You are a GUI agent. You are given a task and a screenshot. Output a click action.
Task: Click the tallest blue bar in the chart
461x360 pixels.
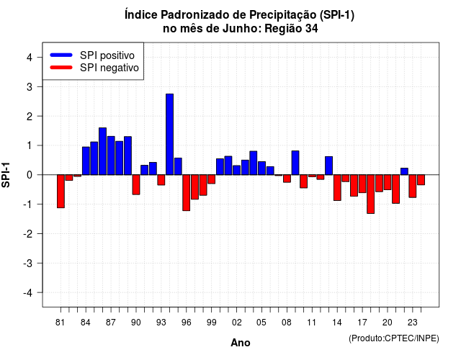[170, 135]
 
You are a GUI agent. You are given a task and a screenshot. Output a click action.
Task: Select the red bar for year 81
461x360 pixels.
[61, 192]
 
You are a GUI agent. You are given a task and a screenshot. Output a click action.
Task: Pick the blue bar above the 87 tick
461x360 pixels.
[111, 156]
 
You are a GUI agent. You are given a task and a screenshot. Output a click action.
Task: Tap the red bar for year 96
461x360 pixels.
[186, 193]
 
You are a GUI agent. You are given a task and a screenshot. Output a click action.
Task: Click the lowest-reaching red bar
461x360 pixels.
[371, 194]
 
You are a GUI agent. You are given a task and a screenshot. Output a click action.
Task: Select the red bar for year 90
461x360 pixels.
[136, 184]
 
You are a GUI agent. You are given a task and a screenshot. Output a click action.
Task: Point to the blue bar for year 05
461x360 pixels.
[261, 168]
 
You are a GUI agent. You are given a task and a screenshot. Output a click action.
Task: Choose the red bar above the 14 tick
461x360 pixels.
[337, 188]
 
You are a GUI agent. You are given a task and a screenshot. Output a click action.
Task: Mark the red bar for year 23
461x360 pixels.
[413, 186]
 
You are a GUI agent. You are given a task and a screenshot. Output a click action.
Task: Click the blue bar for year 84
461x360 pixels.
[86, 161]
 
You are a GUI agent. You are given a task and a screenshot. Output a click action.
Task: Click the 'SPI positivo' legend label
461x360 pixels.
[107, 55]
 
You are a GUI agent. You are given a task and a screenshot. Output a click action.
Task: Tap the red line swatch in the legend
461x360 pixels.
[61, 68]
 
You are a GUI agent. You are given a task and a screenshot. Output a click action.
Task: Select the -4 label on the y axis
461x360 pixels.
[29, 293]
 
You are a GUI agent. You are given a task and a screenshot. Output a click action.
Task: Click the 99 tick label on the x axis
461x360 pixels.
[211, 323]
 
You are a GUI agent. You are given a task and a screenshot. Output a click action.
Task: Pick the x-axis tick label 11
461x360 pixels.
[312, 323]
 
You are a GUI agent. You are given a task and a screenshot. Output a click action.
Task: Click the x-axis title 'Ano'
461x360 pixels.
[241, 343]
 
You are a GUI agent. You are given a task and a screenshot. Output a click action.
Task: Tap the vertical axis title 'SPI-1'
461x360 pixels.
[6, 175]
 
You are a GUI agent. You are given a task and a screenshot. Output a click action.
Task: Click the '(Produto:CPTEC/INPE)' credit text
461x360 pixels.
[394, 338]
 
